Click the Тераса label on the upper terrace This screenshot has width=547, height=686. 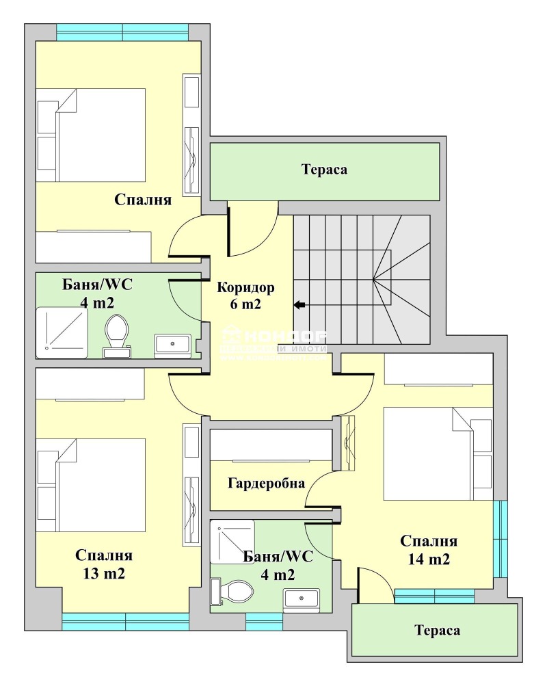(x=325, y=170)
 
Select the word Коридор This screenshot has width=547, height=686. (x=245, y=287)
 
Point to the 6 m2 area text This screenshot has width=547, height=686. (x=245, y=305)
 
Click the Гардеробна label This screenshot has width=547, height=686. (x=266, y=483)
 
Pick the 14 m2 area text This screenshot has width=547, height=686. (x=429, y=559)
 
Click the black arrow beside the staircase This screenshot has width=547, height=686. (x=299, y=305)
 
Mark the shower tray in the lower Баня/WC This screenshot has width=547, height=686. (x=232, y=541)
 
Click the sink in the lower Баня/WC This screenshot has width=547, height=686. (x=302, y=599)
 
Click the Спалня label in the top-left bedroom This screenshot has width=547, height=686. (x=143, y=200)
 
